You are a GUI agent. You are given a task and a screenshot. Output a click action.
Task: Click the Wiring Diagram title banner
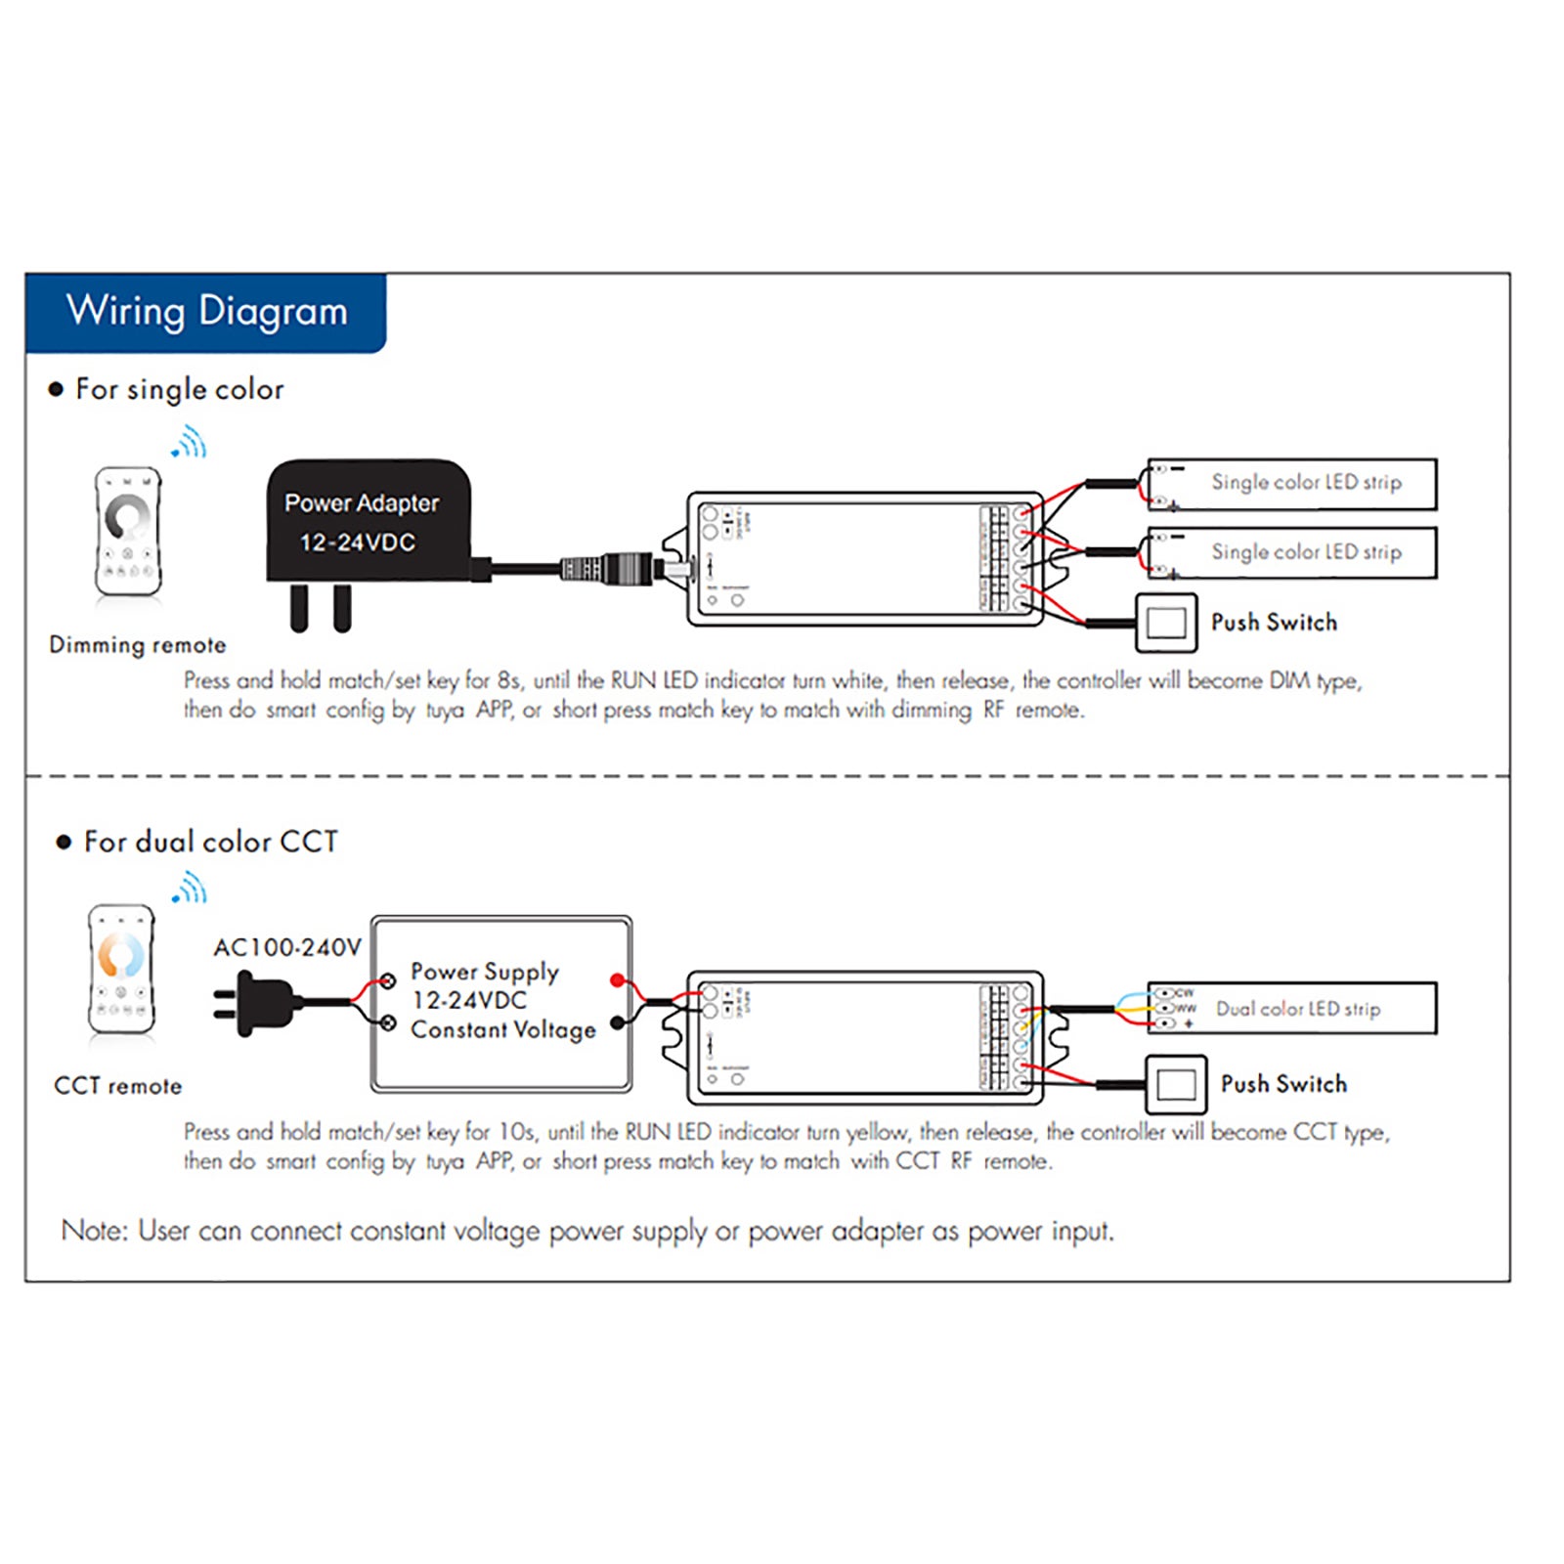[206, 312]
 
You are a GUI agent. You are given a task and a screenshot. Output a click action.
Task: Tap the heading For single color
[179, 389]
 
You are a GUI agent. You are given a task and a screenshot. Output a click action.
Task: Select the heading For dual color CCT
[210, 842]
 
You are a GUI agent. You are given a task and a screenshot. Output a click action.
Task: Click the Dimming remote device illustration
[128, 531]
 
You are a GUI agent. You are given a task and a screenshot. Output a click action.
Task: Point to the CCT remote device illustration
[121, 969]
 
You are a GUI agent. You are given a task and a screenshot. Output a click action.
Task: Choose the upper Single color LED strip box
[1292, 483]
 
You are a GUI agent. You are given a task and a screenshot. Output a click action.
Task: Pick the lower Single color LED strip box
[1292, 552]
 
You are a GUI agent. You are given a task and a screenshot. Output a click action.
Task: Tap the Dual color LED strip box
[1292, 1008]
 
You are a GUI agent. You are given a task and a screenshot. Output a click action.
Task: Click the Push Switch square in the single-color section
[1166, 623]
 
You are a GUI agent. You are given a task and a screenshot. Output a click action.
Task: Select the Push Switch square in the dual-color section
[1176, 1084]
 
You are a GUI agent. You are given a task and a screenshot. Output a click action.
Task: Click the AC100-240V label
[287, 947]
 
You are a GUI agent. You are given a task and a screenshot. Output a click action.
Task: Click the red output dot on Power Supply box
[617, 979]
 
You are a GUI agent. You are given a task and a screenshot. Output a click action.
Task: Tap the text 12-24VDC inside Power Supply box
[469, 1000]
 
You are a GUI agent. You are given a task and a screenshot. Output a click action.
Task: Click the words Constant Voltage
[502, 1029]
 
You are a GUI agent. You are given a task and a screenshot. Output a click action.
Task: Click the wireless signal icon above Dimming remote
[190, 443]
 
